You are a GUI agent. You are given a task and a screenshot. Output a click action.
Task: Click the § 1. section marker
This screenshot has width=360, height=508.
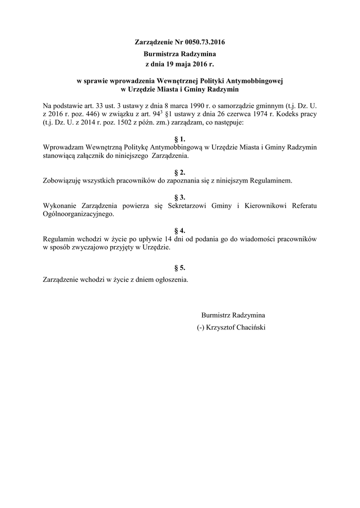180,139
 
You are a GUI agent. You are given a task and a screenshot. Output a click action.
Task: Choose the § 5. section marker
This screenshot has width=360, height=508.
180,267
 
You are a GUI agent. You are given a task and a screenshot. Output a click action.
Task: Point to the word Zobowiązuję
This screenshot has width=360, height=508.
63,181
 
